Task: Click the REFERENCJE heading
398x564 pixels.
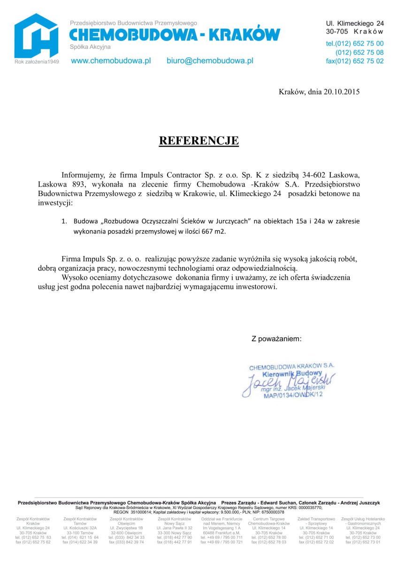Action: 199,141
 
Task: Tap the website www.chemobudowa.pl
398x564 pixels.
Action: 111,61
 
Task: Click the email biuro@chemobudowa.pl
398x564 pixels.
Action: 210,61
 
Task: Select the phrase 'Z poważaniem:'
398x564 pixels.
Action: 276,338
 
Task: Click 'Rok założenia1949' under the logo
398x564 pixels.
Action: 37,62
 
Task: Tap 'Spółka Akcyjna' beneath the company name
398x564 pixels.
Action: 90,47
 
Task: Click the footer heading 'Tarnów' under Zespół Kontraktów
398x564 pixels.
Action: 80,523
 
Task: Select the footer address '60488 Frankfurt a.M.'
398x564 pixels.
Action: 222,533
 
